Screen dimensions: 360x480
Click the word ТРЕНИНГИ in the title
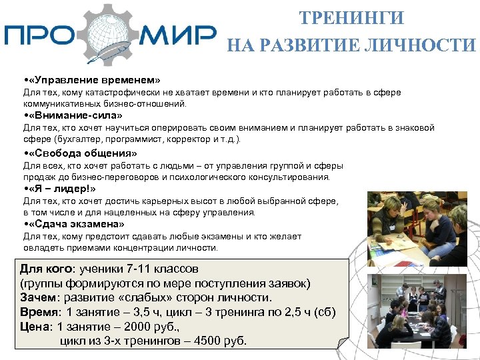click(351, 17)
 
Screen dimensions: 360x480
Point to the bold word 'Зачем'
click(37, 297)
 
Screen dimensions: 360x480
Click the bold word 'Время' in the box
click(38, 312)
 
